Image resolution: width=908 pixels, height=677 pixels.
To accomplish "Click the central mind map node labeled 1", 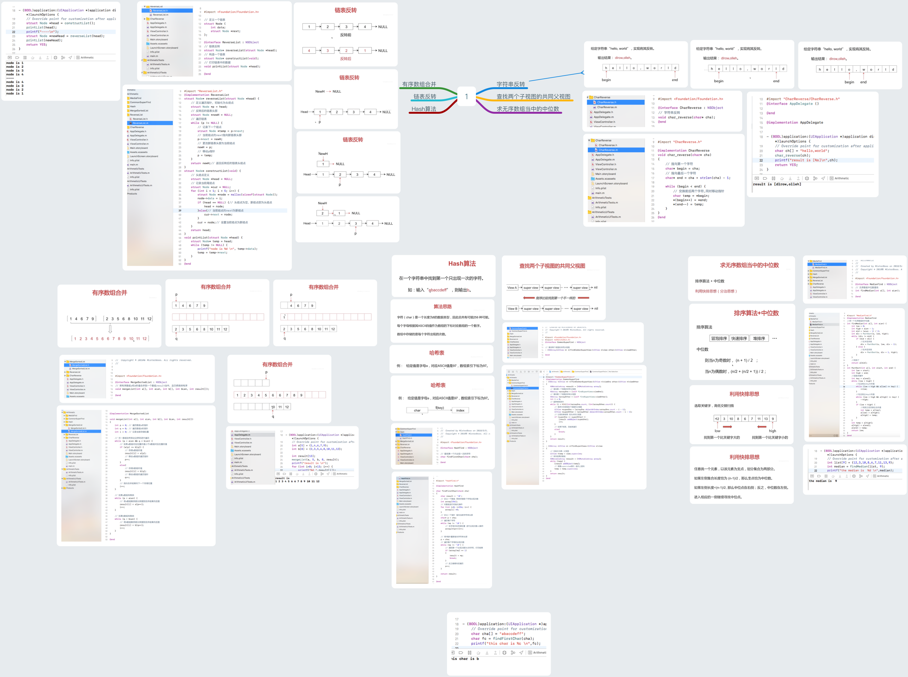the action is click(466, 97).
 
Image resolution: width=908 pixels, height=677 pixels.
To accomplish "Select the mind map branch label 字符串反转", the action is click(511, 84).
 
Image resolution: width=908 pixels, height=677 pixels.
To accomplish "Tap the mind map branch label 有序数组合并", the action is click(419, 84).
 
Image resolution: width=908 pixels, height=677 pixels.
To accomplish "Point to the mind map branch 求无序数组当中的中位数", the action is click(528, 109).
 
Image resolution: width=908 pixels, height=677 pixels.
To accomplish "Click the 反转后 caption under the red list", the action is click(346, 59).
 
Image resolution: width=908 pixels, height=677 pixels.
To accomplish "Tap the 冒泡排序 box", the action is click(719, 339).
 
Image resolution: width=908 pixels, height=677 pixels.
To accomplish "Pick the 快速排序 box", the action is click(739, 339).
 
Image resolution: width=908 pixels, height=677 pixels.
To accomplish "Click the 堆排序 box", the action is click(759, 339).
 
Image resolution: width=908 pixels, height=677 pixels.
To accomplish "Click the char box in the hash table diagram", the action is click(417, 410).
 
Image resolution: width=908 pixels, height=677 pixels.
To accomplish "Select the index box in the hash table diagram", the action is click(460, 410).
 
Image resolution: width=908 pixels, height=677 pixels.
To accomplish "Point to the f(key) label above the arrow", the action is click(439, 408).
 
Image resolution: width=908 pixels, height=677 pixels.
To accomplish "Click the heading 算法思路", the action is click(442, 306).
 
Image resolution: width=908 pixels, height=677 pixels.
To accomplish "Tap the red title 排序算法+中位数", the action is click(756, 313).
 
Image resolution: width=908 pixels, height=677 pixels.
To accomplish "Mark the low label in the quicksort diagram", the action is click(718, 431).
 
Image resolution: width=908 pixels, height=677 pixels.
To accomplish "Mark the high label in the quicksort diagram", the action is click(773, 431).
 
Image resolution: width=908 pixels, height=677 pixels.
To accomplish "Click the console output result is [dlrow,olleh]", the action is click(777, 184).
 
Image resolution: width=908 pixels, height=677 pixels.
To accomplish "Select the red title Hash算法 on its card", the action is click(462, 263).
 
